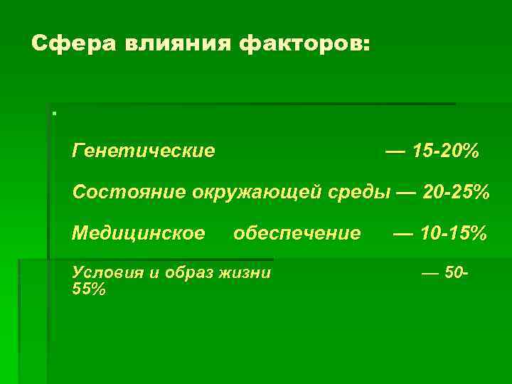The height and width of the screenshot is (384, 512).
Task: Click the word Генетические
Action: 144,151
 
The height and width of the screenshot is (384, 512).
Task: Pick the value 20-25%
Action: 456,192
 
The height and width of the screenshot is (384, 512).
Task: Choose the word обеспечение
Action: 297,233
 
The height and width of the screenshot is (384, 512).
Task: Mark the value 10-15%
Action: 453,233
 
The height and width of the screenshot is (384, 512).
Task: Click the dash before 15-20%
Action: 396,151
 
